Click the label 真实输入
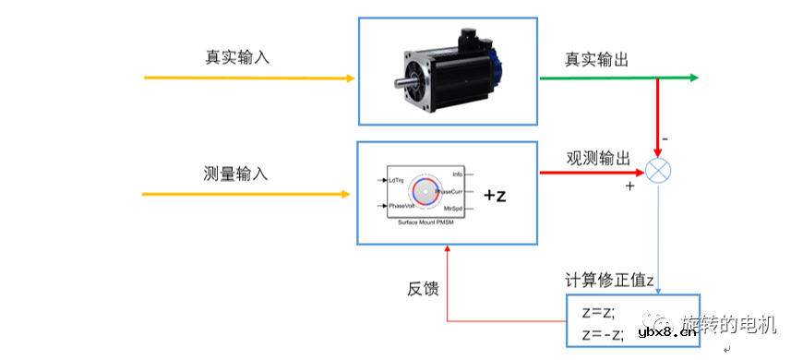(x=237, y=56)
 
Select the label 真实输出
(x=596, y=60)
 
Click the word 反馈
(x=423, y=289)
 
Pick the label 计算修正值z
(x=610, y=279)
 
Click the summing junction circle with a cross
(x=657, y=172)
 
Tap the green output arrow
(x=618, y=78)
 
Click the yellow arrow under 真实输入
(x=249, y=78)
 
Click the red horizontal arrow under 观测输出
(x=591, y=172)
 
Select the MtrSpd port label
(x=452, y=209)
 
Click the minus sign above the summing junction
(x=665, y=139)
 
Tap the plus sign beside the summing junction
(x=630, y=186)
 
